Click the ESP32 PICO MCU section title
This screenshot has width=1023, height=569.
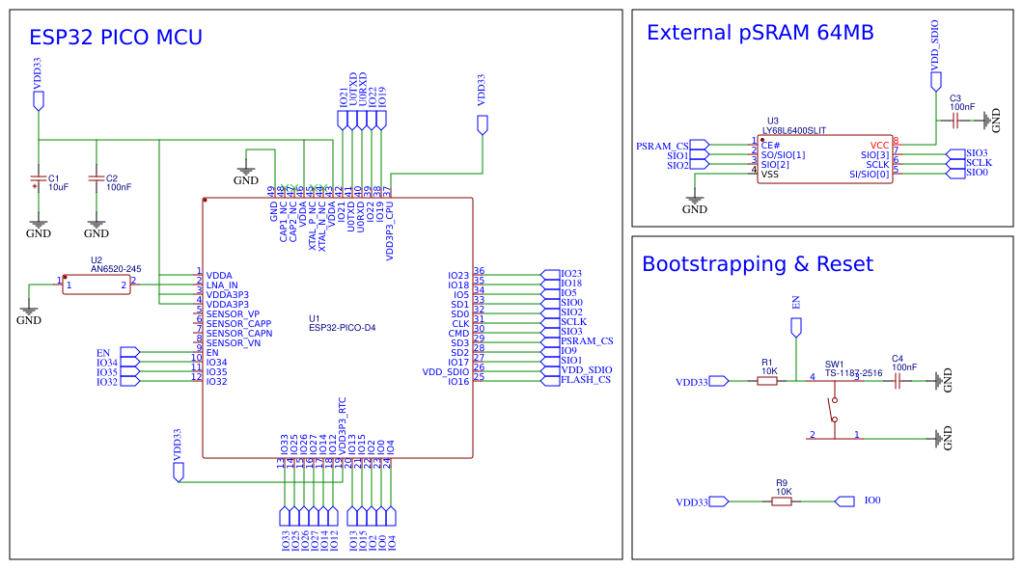click(116, 38)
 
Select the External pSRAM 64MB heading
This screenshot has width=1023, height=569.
click(760, 33)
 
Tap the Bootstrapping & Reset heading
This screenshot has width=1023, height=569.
click(757, 264)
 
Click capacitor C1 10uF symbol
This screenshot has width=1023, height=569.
click(39, 179)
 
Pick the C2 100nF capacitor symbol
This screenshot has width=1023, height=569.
click(97, 179)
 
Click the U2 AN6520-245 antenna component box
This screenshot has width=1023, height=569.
click(97, 284)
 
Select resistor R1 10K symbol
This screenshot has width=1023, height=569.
click(767, 381)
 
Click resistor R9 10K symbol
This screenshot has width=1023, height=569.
click(782, 501)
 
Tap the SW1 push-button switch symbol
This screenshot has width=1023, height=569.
click(834, 409)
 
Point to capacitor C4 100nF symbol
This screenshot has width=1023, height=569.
click(898, 381)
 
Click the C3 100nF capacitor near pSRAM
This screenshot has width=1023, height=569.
click(954, 121)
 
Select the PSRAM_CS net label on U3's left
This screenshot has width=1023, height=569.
click(662, 147)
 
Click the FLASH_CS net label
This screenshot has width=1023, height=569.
click(586, 380)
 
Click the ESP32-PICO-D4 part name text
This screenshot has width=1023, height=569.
click(342, 328)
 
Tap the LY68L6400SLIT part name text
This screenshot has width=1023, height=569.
click(793, 130)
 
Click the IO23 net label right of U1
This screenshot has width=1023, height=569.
click(570, 274)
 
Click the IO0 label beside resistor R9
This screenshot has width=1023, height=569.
click(872, 501)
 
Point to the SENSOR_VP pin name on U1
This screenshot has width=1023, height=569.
click(233, 313)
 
